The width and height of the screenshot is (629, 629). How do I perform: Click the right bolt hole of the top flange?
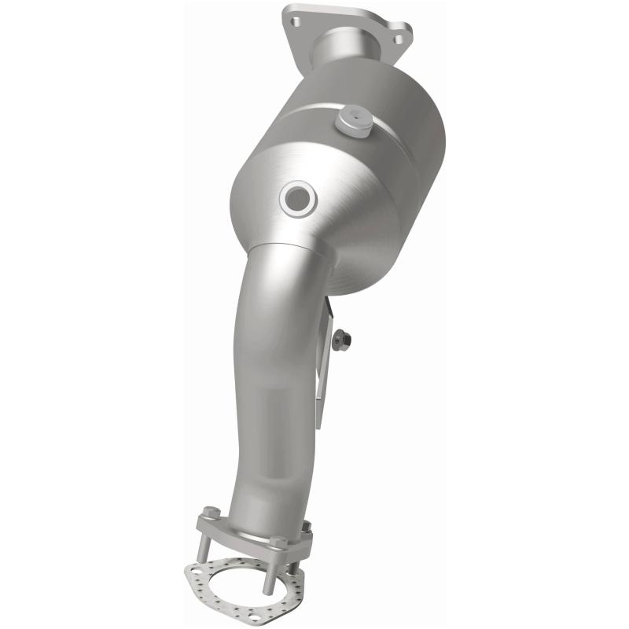(x=399, y=38)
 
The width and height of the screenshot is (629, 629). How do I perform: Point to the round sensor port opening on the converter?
(x=299, y=199)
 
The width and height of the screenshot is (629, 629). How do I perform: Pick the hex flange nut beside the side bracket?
(x=341, y=340)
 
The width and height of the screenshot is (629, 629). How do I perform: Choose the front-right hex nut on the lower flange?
(x=278, y=543)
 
